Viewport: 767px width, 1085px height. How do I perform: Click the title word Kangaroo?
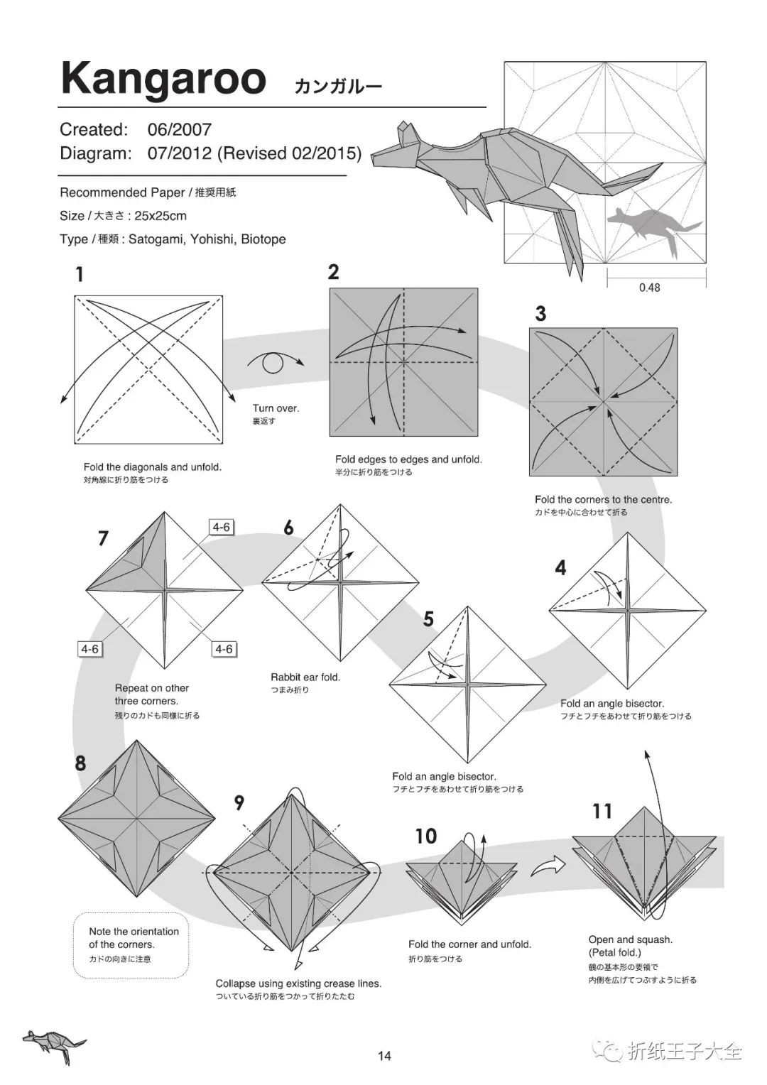[163, 79]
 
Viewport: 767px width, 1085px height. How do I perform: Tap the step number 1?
[80, 275]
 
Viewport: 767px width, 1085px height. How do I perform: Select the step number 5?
[428, 619]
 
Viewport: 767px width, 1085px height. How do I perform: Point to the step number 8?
[80, 763]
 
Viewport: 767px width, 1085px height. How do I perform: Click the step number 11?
[602, 811]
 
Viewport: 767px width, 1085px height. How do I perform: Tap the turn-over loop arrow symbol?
[274, 363]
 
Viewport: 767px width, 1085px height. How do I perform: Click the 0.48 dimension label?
[649, 288]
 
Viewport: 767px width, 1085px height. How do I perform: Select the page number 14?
[384, 1056]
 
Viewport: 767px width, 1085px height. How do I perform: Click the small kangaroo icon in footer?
[53, 1044]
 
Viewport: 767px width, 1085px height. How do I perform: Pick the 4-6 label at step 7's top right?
[222, 527]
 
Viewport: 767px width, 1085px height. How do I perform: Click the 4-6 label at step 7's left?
[89, 649]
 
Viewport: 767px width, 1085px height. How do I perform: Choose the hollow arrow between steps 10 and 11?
[548, 865]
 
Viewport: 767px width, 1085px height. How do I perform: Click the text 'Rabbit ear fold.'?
[305, 677]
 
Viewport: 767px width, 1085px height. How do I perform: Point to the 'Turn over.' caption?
[276, 408]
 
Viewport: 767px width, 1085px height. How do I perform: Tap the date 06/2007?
[180, 129]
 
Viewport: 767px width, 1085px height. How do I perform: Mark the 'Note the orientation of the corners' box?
[131, 944]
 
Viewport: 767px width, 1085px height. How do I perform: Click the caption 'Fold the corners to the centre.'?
[603, 500]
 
